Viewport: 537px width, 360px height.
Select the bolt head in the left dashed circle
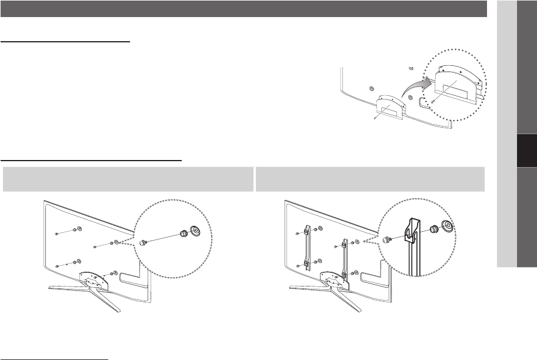pos(143,241)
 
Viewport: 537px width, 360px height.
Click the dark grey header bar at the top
pos(244,9)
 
